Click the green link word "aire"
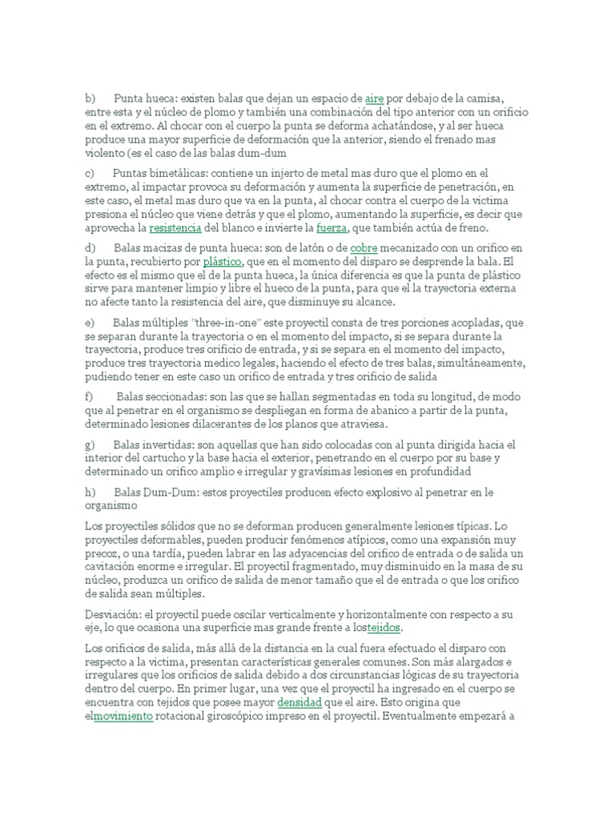point(375,98)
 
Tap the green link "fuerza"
point(331,227)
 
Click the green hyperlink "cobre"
point(364,249)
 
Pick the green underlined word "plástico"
point(223,262)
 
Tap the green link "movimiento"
point(123,694)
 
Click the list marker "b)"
point(90,98)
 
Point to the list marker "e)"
point(90,323)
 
